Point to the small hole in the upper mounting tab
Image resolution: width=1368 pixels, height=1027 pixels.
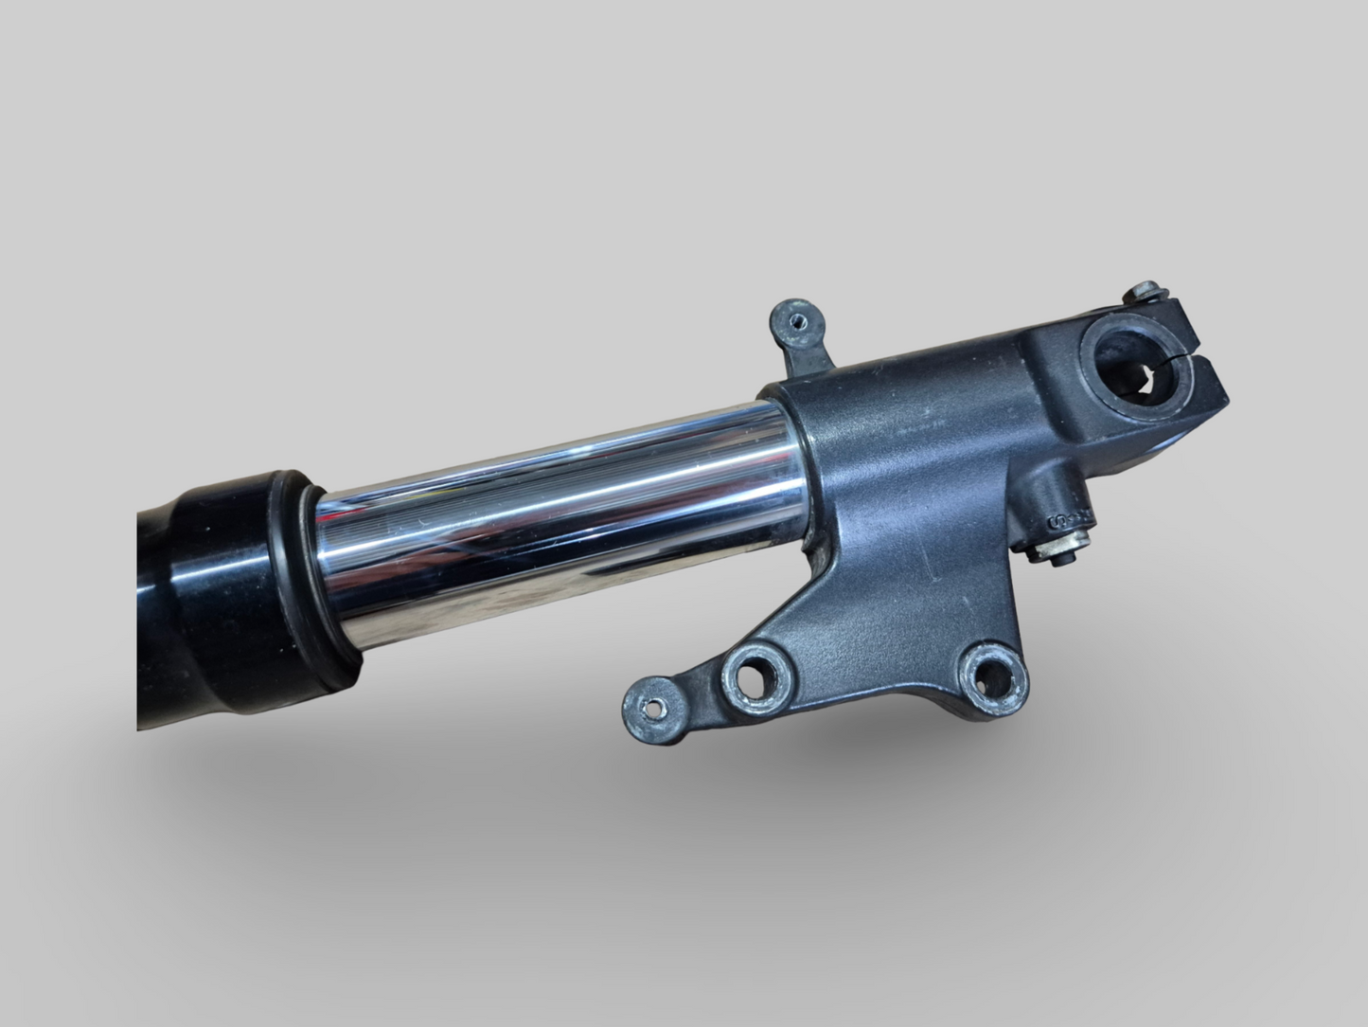point(799,321)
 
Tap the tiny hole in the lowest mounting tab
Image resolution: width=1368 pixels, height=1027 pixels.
point(649,706)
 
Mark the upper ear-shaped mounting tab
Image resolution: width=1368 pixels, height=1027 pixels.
point(801,332)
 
